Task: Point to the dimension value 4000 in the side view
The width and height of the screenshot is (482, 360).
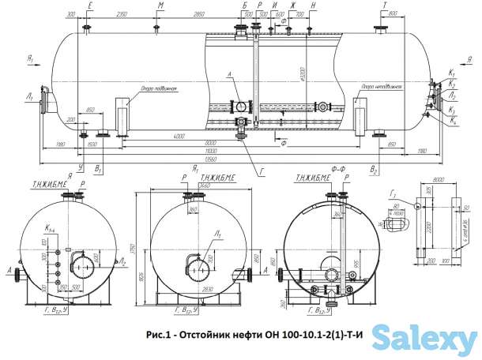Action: [180, 135]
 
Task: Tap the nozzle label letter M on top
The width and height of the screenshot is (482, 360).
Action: [160, 5]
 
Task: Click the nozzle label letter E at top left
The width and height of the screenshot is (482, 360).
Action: [89, 5]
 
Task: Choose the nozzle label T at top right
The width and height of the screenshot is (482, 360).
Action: [385, 5]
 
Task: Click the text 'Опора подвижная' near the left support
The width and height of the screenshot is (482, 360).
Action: [158, 88]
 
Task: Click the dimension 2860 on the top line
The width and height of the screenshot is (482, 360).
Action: [198, 15]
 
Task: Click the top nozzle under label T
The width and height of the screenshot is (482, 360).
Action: [383, 29]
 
